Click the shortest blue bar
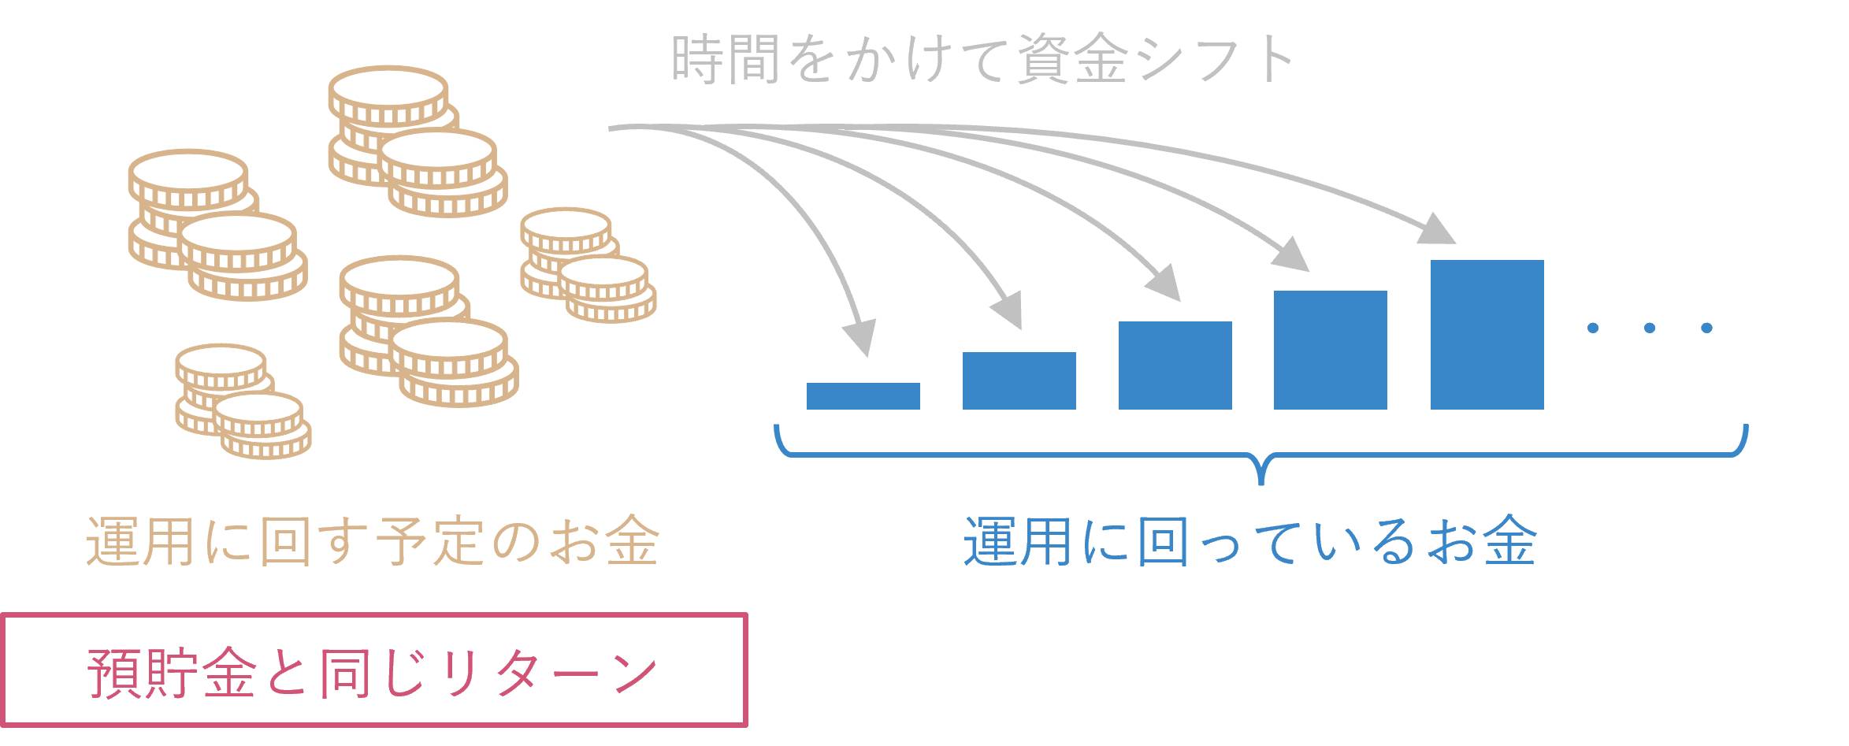(863, 395)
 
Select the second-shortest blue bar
(1019, 380)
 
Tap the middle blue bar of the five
(1175, 366)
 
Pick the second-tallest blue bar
(1330, 350)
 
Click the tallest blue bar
(1487, 335)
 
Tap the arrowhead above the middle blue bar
(1164, 283)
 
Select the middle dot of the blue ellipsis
(1650, 328)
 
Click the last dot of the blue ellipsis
(1706, 328)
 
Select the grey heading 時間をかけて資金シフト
(982, 59)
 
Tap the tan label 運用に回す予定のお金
(373, 542)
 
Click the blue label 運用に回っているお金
(1250, 542)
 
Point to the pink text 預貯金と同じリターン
(373, 672)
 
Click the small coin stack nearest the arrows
(588, 265)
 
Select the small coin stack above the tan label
(243, 402)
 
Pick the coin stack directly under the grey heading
(418, 142)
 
